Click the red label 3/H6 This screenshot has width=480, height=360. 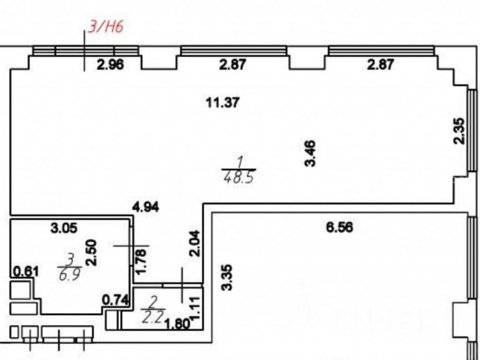[106, 26]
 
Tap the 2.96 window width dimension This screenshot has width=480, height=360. [110, 65]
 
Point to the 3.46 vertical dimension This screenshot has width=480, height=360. [310, 153]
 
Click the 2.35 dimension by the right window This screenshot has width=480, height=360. [459, 131]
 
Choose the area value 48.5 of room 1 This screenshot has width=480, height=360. [239, 177]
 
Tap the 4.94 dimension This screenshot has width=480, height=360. [146, 207]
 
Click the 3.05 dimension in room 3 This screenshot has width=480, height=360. [64, 228]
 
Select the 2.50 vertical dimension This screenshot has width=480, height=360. [92, 252]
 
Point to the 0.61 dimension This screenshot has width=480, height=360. [26, 272]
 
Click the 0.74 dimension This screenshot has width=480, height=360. [115, 300]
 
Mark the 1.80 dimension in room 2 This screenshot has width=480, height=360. [178, 324]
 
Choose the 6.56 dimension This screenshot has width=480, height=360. [339, 228]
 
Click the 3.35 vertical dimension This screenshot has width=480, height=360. [227, 277]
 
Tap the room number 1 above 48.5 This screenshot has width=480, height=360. [240, 162]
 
